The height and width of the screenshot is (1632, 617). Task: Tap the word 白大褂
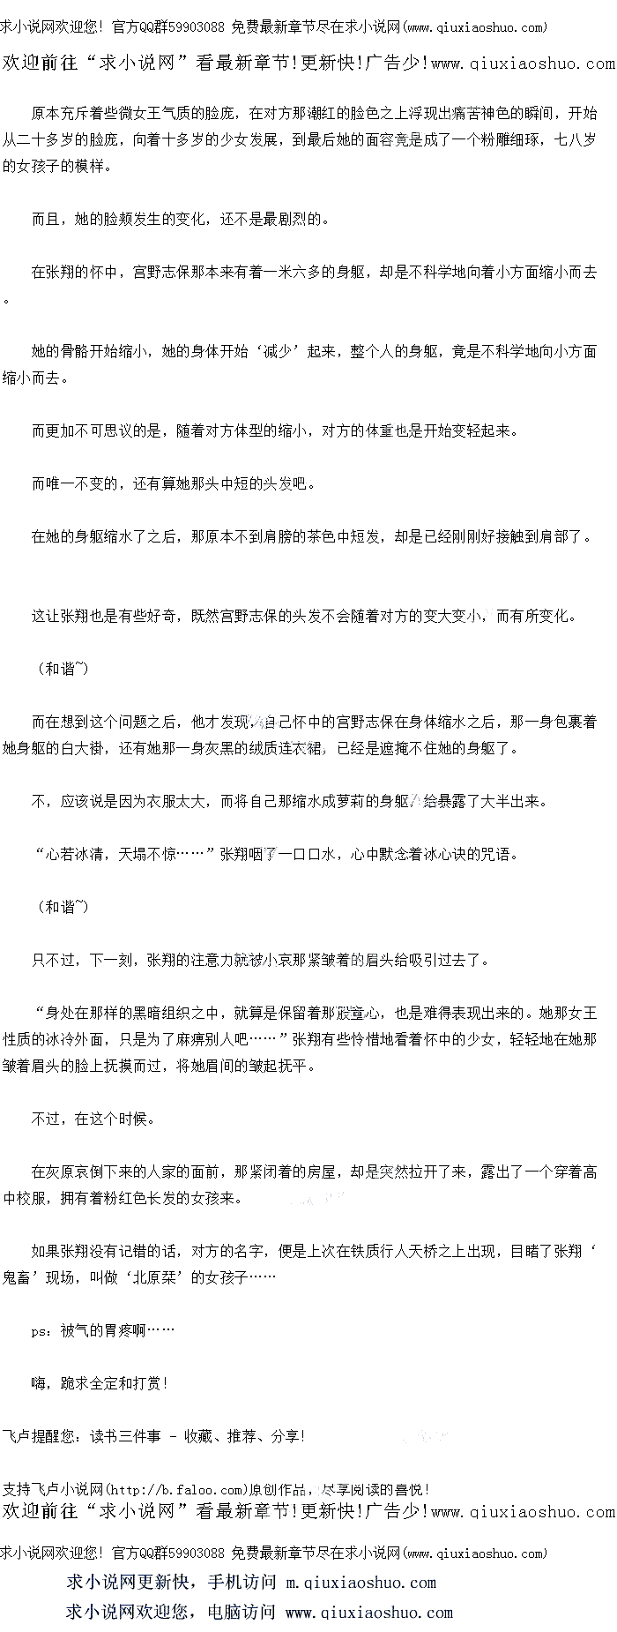click(x=104, y=748)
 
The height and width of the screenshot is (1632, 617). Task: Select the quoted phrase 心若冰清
click(x=75, y=854)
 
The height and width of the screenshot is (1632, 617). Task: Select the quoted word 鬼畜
click(x=17, y=1277)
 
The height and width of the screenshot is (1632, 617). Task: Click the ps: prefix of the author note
click(x=41, y=1331)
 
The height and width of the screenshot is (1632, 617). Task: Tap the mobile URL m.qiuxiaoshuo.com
click(x=361, y=1583)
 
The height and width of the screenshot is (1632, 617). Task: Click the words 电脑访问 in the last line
click(x=242, y=1613)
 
